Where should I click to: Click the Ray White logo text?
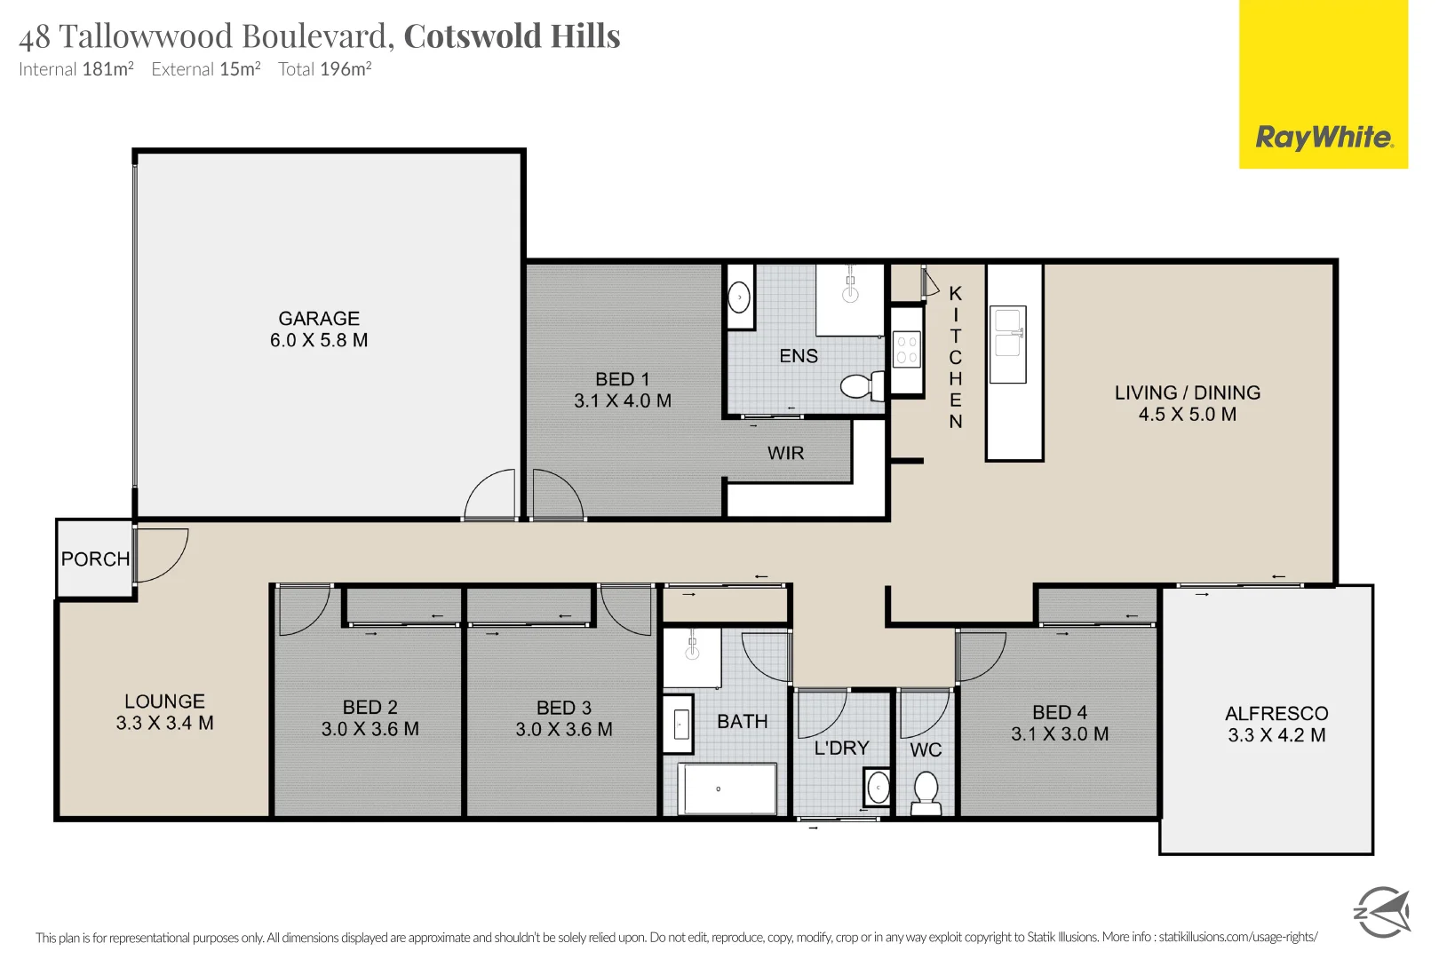pyautogui.click(x=1323, y=138)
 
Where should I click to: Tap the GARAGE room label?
pyautogui.click(x=319, y=318)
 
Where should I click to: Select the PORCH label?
pyautogui.click(x=95, y=559)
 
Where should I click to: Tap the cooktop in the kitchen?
pyautogui.click(x=907, y=350)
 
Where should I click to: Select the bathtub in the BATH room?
pyautogui.click(x=727, y=789)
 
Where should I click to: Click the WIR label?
pyautogui.click(x=785, y=454)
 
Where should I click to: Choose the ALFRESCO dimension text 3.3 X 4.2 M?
pyautogui.click(x=1276, y=735)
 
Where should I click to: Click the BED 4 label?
pyautogui.click(x=1060, y=712)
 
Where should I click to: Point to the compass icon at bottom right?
pyautogui.click(x=1381, y=912)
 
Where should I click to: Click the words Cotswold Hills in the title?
pyautogui.click(x=512, y=36)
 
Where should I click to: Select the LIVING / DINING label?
pyautogui.click(x=1188, y=392)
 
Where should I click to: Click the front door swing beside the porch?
pyautogui.click(x=162, y=555)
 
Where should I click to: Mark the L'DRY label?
pyautogui.click(x=841, y=749)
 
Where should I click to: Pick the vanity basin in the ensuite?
pyautogui.click(x=740, y=297)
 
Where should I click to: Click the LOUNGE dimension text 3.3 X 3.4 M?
pyautogui.click(x=164, y=723)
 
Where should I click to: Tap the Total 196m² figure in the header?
pyautogui.click(x=324, y=69)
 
